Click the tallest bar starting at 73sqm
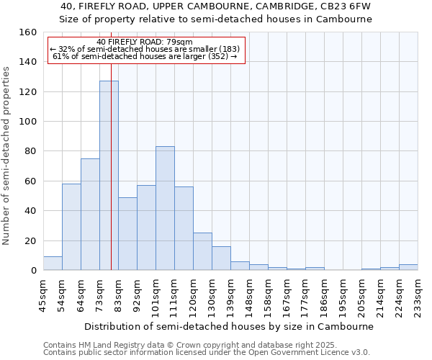(x=109, y=176)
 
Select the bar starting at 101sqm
(x=165, y=208)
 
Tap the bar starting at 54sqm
(x=71, y=227)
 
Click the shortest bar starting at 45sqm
(x=53, y=264)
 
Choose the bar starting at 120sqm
(x=202, y=251)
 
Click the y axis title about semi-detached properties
(x=6, y=151)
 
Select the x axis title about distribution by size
(x=229, y=326)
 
